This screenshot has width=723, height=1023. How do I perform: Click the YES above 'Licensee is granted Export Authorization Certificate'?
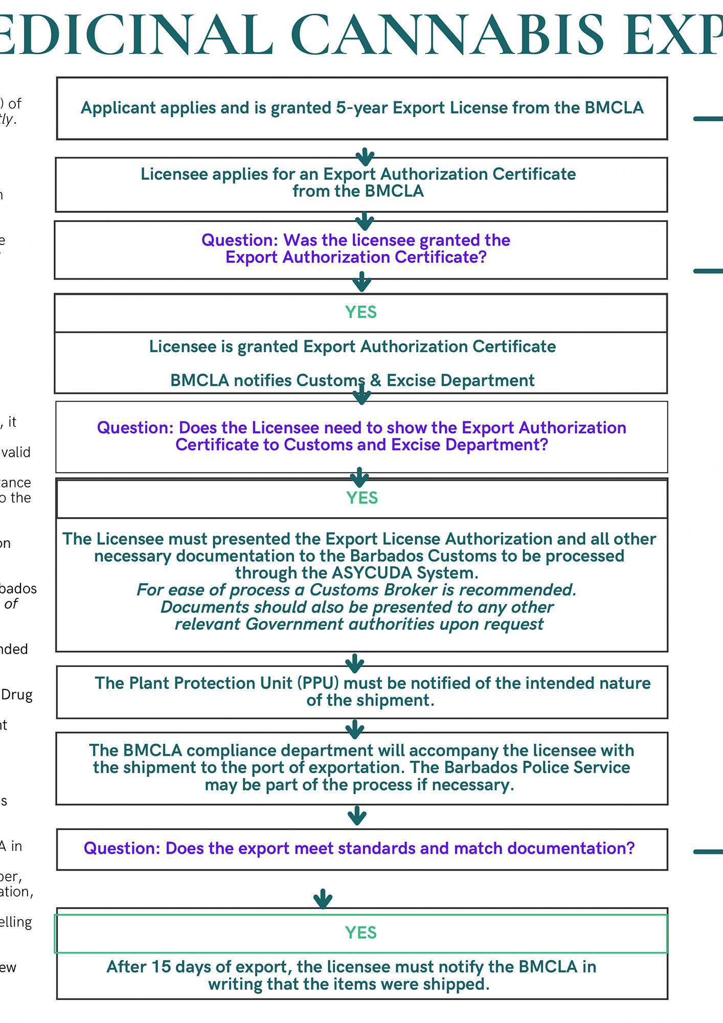[360, 312]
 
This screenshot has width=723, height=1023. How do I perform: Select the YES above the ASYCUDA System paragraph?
[362, 498]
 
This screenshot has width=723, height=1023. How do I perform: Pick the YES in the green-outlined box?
[360, 932]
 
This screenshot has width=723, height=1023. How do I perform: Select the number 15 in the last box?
[161, 967]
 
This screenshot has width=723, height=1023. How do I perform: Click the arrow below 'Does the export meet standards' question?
[323, 898]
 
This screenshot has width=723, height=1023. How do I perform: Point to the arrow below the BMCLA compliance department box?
[357, 815]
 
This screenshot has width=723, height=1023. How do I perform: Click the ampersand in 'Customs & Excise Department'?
[376, 381]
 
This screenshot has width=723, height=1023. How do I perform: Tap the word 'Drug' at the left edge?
[17, 695]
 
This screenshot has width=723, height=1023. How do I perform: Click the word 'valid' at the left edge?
[16, 452]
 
